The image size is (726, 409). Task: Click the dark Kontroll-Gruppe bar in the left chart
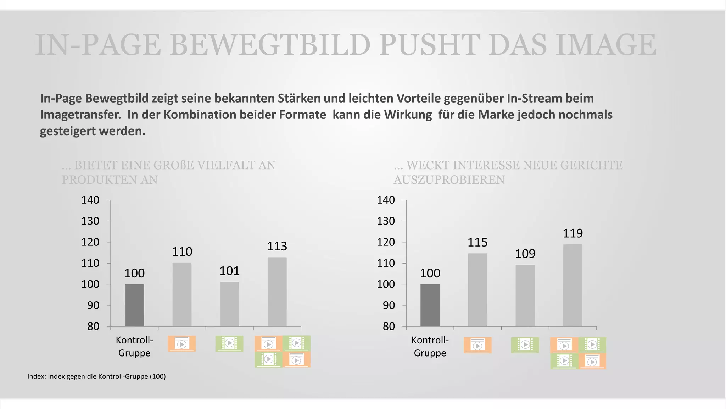click(x=134, y=305)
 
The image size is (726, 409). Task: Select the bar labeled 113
click(x=277, y=292)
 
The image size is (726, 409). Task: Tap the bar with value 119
click(x=573, y=285)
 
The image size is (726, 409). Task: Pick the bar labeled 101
click(x=229, y=304)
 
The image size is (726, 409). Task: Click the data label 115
click(x=478, y=243)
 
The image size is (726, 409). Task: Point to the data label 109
click(x=525, y=254)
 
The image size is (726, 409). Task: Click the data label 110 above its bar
click(x=182, y=252)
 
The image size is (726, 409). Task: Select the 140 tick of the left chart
click(x=90, y=200)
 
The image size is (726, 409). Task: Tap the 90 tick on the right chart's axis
click(x=389, y=305)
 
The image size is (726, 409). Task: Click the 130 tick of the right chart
click(x=386, y=221)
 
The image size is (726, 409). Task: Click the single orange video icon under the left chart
click(x=181, y=344)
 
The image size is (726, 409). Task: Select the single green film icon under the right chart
click(x=525, y=345)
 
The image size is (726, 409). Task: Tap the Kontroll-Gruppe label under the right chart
click(x=430, y=347)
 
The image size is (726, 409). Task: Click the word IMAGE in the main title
click(x=606, y=45)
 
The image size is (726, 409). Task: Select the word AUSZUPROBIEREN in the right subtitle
click(x=449, y=180)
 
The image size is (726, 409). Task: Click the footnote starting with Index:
click(x=96, y=376)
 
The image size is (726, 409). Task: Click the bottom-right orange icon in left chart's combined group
click(x=296, y=360)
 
